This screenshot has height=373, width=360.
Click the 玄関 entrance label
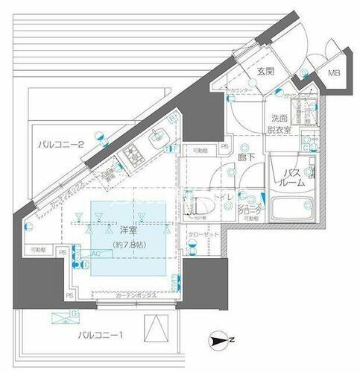[266, 72]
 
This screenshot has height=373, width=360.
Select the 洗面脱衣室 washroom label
[280, 123]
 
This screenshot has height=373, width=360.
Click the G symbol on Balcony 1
[55, 315]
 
